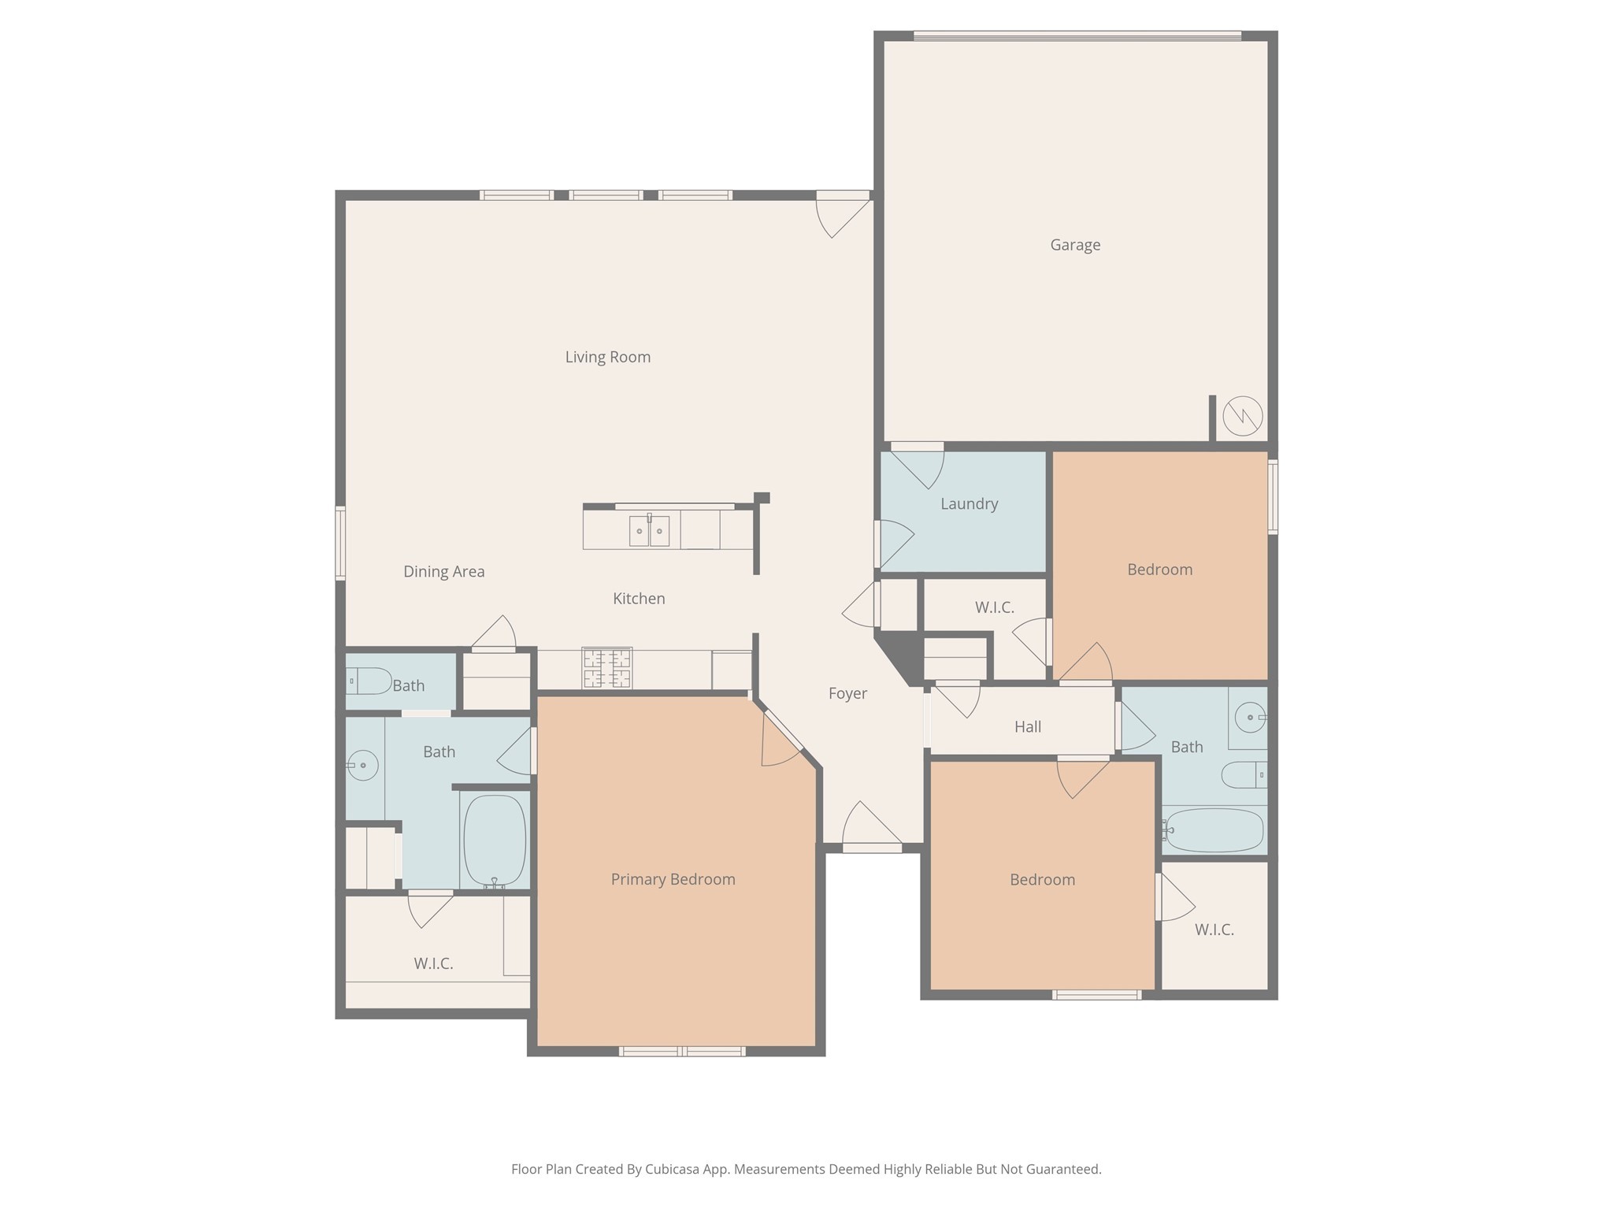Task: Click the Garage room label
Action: tap(1075, 245)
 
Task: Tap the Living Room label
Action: tap(607, 357)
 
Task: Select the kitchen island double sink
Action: tap(649, 531)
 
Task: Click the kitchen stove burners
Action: tap(606, 668)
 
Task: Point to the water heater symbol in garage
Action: tap(1242, 415)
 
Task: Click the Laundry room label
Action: tap(969, 503)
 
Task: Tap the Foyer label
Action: tap(847, 693)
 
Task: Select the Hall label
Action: tap(1027, 726)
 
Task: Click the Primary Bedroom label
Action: tap(673, 879)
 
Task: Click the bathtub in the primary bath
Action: tap(494, 840)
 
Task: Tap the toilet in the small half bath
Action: tap(370, 681)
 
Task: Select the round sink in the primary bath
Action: tap(362, 764)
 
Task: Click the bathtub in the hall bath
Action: tap(1214, 830)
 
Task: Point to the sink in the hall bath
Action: tap(1249, 717)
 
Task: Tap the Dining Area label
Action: tap(443, 572)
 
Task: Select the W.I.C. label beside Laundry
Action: tap(994, 607)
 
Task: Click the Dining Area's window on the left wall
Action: tap(340, 543)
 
